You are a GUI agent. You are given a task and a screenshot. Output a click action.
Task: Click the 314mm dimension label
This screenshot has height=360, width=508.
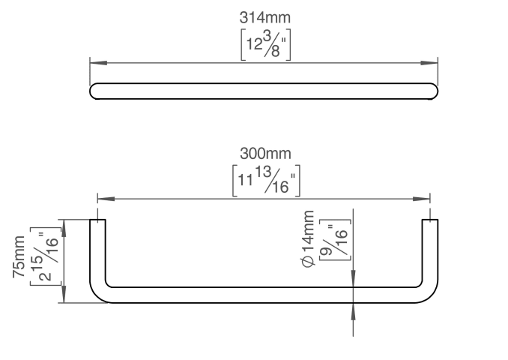265,17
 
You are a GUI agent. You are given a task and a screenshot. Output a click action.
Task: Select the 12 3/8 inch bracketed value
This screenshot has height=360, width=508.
266,45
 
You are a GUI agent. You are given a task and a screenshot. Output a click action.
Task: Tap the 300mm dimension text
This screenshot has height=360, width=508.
265,154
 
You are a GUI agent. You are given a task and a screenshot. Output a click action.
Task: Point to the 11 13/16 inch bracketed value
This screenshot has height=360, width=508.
266,181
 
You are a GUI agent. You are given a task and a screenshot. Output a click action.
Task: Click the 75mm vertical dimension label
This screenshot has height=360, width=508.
19,256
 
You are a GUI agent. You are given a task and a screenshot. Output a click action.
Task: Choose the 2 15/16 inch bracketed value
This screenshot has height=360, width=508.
46,256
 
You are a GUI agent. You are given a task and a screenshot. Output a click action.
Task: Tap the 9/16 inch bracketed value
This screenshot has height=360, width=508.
335,240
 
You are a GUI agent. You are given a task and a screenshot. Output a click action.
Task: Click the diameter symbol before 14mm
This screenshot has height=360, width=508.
309,262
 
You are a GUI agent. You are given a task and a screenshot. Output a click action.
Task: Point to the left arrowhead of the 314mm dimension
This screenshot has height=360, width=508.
98,62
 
